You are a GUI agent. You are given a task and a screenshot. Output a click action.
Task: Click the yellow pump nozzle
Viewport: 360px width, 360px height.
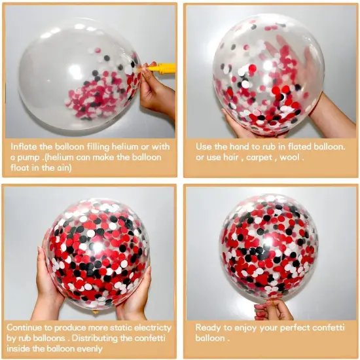pyautogui.click(x=160, y=67)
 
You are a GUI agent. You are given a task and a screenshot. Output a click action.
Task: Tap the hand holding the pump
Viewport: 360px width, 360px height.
pyautogui.click(x=156, y=92)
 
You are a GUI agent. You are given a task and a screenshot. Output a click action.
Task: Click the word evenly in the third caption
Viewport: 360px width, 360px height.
pyautogui.click(x=136, y=349)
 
